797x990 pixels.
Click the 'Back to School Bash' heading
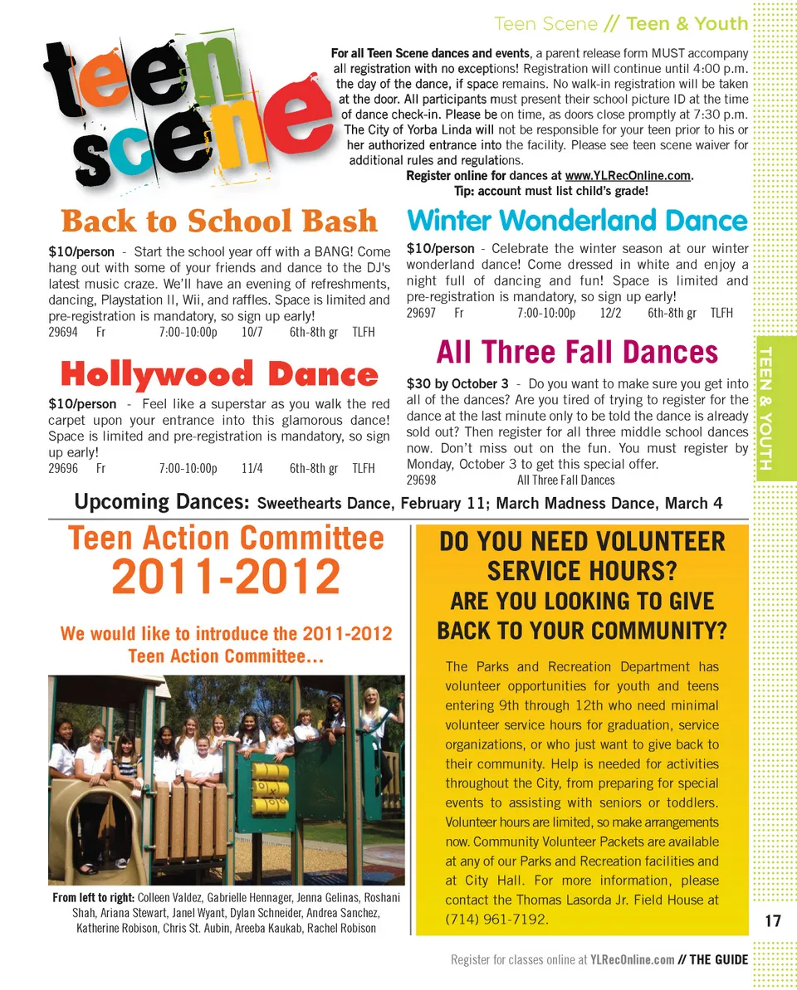pos(219,222)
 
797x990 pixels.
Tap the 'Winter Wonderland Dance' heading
pos(577,221)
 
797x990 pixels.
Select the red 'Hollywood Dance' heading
pos(219,375)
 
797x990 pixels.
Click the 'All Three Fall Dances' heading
pos(577,352)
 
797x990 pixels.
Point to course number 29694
pos(63,332)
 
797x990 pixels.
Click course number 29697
pos(421,313)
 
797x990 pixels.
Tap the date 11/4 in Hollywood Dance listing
pos(252,468)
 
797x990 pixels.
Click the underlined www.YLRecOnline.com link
pos(628,176)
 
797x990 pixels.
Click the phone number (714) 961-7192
pos(496,919)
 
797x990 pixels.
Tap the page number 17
pos(773,920)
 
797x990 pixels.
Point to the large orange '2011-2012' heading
pos(226,578)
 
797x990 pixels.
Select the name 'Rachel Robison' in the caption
pos(342,928)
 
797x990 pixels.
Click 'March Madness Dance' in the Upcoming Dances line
pos(577,504)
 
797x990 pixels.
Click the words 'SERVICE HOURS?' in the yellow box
pos(581,571)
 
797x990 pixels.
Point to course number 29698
pos(421,480)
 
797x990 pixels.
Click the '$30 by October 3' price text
pos(457,384)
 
